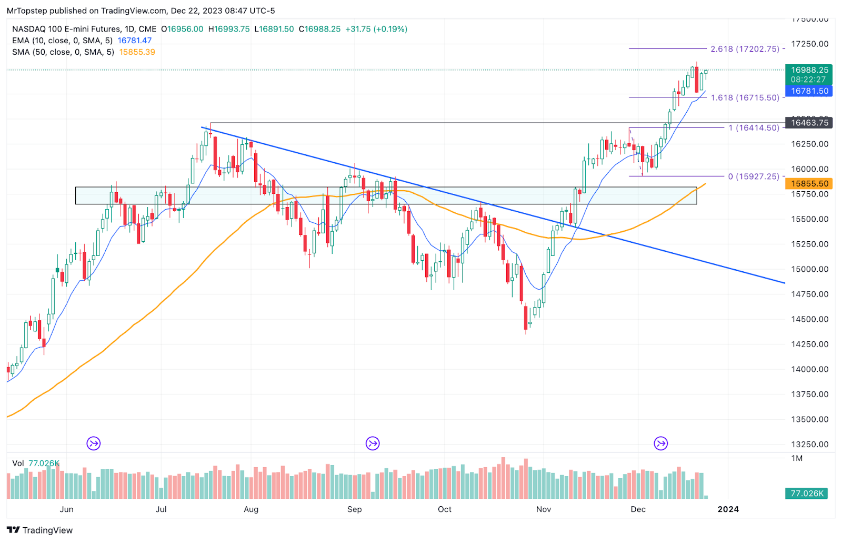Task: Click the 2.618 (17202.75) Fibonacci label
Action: tap(745, 49)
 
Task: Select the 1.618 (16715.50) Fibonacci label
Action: tap(745, 98)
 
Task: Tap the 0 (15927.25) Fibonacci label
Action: tap(754, 176)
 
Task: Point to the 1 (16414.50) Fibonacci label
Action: tap(754, 128)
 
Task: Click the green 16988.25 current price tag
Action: tap(809, 70)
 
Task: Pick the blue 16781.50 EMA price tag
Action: tap(809, 91)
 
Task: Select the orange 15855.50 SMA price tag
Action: tap(809, 184)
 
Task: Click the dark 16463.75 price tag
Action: tap(809, 123)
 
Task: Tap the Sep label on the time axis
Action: tap(355, 509)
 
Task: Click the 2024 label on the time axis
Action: tap(728, 509)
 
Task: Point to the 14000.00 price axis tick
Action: tap(809, 369)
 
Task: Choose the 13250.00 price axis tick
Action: tap(809, 445)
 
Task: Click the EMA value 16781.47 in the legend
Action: tap(135, 41)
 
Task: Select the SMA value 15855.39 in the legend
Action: tap(137, 52)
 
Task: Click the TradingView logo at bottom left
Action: tap(40, 530)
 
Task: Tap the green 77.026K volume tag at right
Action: tap(807, 494)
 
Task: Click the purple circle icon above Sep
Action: tap(373, 444)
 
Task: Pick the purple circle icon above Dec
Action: tap(661, 444)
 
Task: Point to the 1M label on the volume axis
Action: tap(797, 459)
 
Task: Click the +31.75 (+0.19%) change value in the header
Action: tap(376, 29)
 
